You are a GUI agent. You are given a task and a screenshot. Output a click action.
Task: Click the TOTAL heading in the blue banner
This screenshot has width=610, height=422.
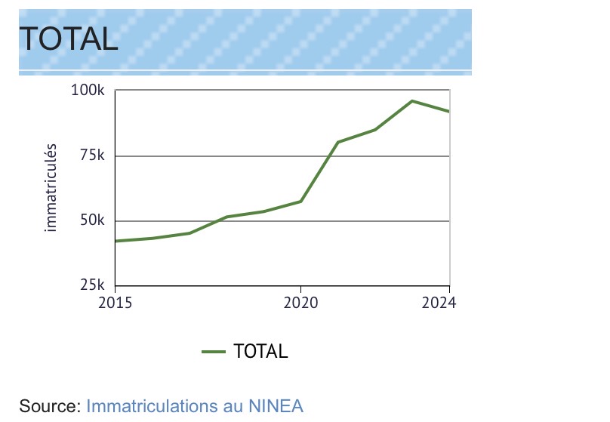[68, 38]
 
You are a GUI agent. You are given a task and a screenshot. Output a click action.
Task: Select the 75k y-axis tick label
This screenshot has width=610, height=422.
[91, 156]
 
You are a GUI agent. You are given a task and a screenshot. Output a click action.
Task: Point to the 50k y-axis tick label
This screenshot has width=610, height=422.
[91, 221]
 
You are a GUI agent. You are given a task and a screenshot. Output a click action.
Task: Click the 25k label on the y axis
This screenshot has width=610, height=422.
[91, 286]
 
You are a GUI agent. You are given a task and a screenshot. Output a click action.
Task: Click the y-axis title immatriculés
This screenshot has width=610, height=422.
[51, 186]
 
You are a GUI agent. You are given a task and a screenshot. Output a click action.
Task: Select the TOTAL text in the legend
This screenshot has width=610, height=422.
[260, 351]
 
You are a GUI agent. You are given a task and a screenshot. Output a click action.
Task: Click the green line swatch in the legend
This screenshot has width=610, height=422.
[214, 351]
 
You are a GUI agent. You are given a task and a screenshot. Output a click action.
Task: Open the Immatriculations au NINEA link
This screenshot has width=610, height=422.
[195, 405]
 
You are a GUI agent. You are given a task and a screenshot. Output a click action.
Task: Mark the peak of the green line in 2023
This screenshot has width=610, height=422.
[412, 100]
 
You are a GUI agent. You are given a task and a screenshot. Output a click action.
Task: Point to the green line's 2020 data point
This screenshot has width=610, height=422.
[300, 202]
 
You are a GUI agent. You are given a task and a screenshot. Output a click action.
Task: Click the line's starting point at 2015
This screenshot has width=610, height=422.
[116, 241]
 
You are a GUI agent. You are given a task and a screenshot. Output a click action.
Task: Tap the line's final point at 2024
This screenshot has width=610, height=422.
[449, 112]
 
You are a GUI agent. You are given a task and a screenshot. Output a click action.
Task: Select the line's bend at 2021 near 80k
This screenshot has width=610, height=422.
[337, 142]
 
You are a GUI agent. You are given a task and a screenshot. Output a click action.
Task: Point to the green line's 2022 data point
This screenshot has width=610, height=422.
[375, 130]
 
